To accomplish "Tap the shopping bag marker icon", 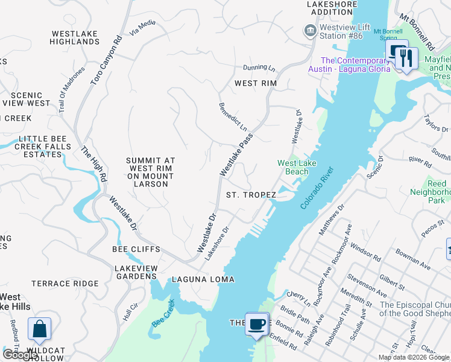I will (x=39, y=329).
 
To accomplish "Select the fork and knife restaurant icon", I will (x=406, y=59).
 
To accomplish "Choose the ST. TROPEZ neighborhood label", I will (x=251, y=195).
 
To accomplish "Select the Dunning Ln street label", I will (x=259, y=68).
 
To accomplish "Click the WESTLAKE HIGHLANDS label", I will (x=75, y=37).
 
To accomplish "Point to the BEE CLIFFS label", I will (x=136, y=249).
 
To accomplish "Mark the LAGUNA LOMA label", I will (x=203, y=279).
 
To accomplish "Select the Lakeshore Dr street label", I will (x=217, y=243).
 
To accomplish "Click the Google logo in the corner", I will (x=20, y=355).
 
